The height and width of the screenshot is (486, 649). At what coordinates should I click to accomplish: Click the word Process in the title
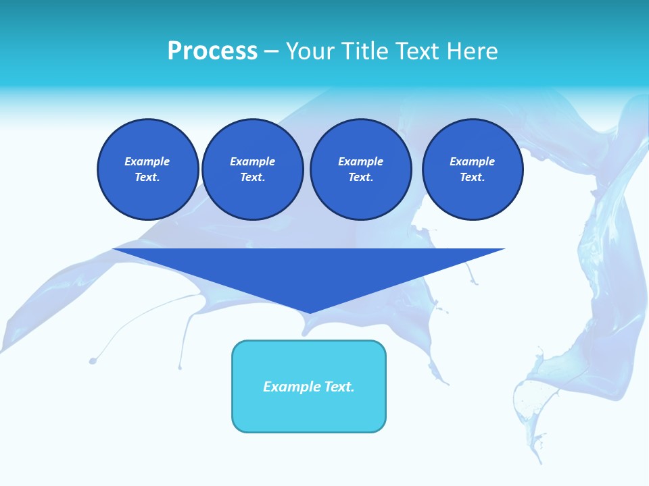coord(212,51)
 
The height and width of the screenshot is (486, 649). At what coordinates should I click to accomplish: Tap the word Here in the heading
coord(471,51)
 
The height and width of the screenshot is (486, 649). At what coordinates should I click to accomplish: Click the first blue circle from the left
coord(148,169)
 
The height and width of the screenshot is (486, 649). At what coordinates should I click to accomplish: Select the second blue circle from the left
coord(253,169)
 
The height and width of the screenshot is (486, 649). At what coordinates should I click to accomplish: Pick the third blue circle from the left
coord(361,169)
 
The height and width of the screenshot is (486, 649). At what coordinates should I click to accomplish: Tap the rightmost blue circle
coord(473,169)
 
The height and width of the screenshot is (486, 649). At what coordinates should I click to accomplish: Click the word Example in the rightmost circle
coord(472,161)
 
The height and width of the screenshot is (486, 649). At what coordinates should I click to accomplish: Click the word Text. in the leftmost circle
coord(147,178)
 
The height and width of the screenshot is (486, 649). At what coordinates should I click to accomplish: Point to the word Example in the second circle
coord(252,161)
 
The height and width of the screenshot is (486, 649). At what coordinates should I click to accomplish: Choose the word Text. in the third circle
coord(361,178)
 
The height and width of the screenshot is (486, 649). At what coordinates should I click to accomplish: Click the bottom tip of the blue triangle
coord(310,311)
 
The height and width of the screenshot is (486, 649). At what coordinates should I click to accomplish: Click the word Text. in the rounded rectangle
coord(339,387)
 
